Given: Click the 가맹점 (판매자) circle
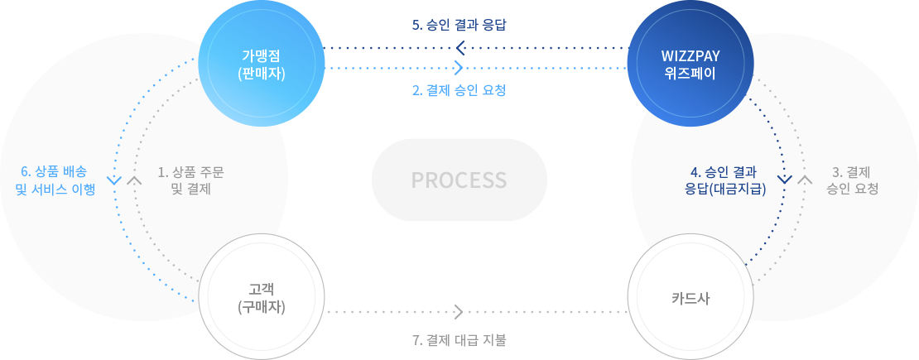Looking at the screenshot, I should click(x=260, y=64).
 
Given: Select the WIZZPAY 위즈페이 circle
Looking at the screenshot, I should click(x=690, y=64).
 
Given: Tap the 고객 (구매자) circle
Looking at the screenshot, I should click(x=260, y=297).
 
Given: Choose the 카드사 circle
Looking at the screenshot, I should click(x=690, y=297).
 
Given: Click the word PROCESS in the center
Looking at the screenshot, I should click(x=459, y=180).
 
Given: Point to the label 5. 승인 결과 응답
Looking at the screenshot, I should click(x=459, y=25).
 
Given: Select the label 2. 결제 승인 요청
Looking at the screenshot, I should click(x=459, y=90).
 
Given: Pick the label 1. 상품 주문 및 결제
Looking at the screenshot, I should click(x=190, y=180).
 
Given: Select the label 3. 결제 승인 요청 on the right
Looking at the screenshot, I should click(x=852, y=180).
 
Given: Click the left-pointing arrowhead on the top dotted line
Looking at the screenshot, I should click(x=460, y=47).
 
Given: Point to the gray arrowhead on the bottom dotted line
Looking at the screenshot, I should click(x=459, y=312).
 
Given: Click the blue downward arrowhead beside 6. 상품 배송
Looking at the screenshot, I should click(x=114, y=180).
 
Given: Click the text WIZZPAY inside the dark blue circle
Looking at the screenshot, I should click(x=690, y=56).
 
